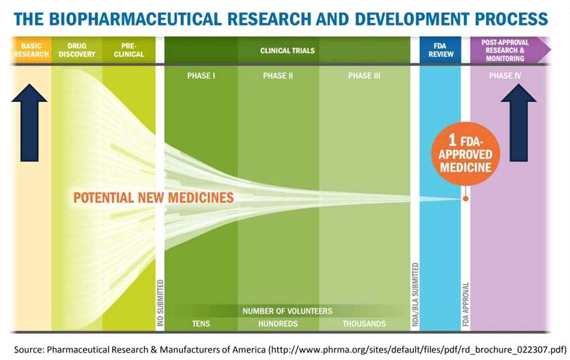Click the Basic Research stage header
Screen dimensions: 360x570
click(30, 50)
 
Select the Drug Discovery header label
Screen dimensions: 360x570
click(77, 50)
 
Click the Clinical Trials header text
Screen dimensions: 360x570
click(287, 50)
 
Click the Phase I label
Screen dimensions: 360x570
click(201, 76)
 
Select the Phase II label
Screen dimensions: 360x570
click(278, 76)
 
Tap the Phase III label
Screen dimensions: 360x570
click(364, 76)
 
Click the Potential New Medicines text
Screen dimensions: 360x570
click(154, 198)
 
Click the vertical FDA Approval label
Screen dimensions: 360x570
click(465, 301)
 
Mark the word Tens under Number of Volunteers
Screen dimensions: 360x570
click(201, 324)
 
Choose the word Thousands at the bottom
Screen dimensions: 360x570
click(364, 324)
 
